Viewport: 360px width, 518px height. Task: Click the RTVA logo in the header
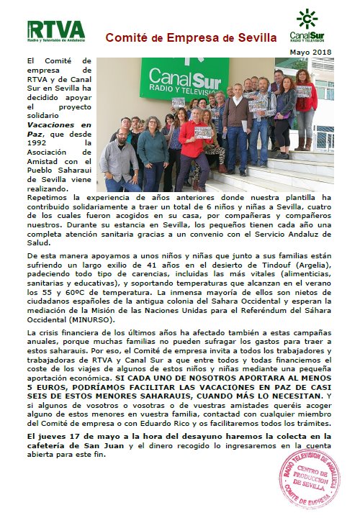tap(55, 30)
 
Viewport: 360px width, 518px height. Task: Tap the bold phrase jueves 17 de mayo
tap(79, 436)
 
